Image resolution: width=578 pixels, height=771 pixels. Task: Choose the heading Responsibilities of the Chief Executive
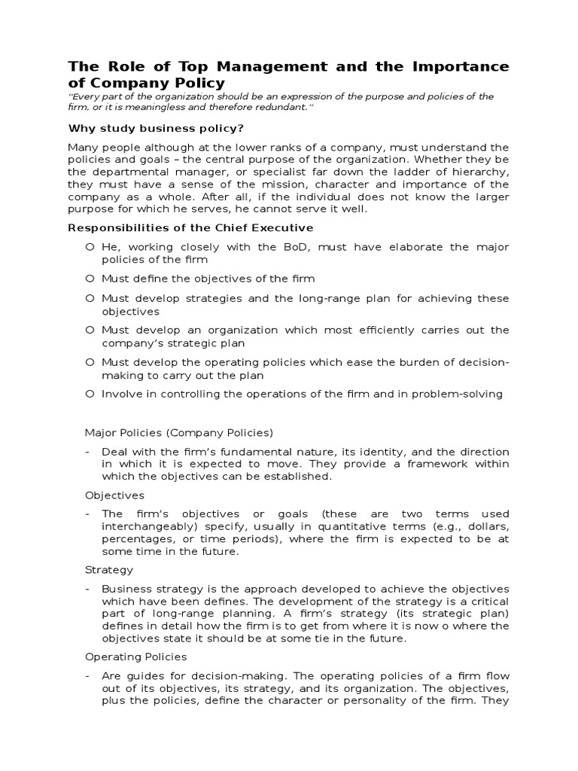(x=191, y=227)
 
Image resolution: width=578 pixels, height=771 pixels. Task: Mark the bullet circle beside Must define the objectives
(x=90, y=279)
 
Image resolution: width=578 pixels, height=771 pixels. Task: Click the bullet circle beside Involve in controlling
(x=90, y=394)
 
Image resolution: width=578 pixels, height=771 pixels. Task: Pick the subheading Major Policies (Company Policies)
(x=179, y=433)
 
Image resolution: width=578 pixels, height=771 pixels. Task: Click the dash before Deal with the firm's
(x=88, y=452)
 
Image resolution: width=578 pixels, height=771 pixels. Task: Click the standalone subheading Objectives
(x=114, y=495)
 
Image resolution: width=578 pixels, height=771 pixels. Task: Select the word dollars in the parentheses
(x=482, y=526)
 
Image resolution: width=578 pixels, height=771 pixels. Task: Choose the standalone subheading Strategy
(x=109, y=570)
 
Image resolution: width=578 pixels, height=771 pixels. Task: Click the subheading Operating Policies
(x=135, y=657)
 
